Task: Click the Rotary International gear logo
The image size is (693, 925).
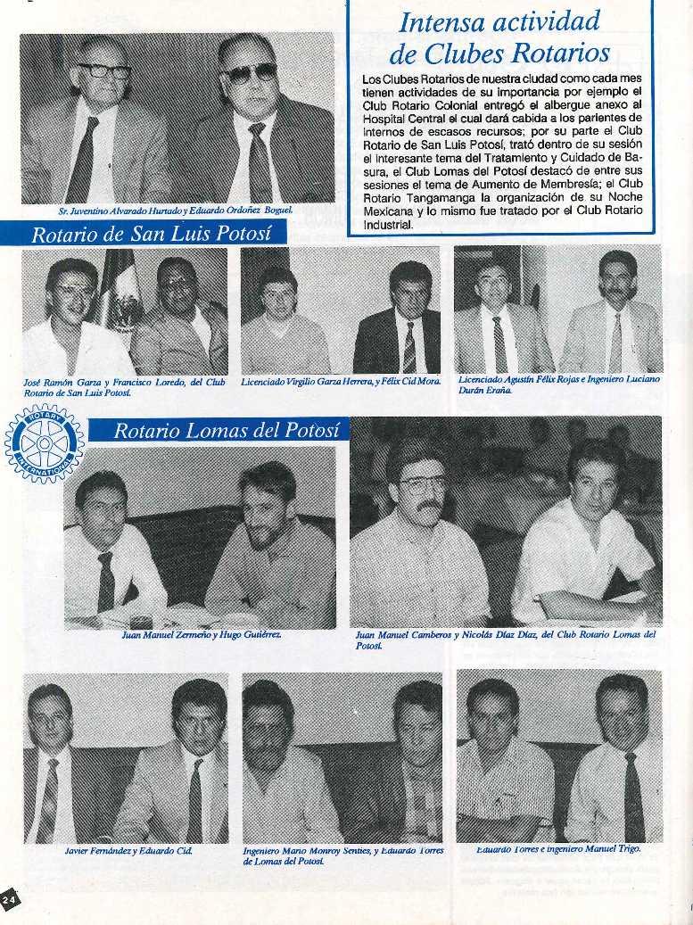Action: [44, 443]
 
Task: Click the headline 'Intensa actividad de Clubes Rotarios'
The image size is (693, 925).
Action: [499, 37]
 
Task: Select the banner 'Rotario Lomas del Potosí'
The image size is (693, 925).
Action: [227, 430]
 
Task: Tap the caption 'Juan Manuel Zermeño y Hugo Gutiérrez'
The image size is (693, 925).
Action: [201, 635]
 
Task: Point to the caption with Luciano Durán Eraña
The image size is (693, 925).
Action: [558, 384]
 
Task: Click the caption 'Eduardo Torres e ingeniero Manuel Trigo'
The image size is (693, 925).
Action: [558, 848]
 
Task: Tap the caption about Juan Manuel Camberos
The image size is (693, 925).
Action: [505, 640]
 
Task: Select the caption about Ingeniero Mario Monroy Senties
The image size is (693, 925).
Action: [342, 856]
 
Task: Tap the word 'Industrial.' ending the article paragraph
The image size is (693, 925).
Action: [389, 227]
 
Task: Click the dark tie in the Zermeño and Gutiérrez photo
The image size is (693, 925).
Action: [105, 581]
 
